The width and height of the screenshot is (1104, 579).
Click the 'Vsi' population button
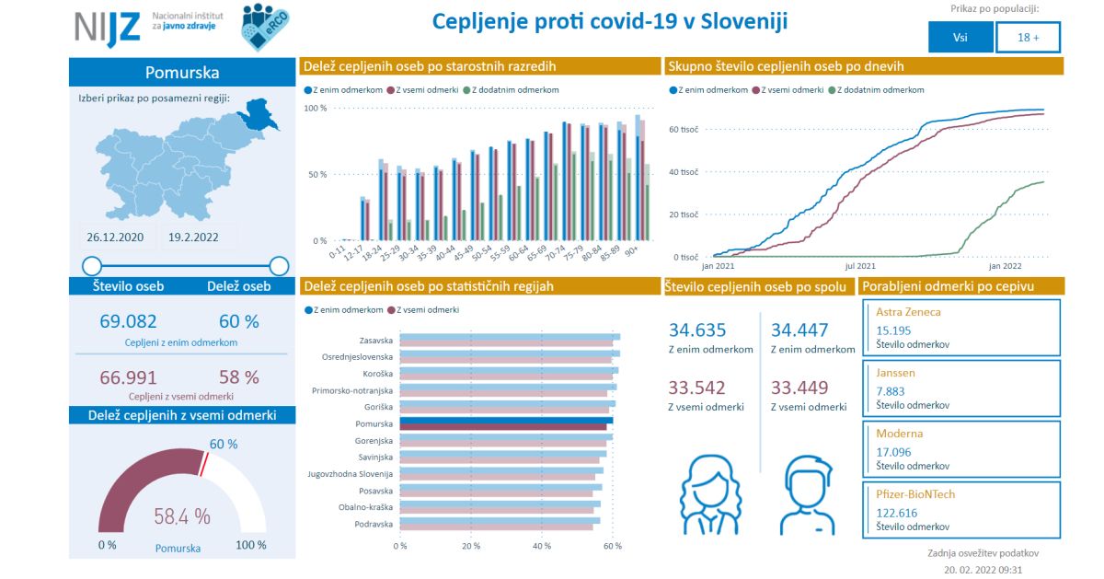pos(960,38)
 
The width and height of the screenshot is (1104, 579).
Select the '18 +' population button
pos(1029,38)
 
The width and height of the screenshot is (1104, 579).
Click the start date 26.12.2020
pos(115,237)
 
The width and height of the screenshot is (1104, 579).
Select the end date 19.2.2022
pos(193,237)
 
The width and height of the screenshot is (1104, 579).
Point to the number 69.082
pos(128,321)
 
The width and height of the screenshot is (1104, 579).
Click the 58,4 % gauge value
pos(182,515)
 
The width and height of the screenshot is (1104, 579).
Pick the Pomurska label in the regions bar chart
pos(374,424)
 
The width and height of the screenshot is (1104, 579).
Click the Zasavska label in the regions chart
pos(376,340)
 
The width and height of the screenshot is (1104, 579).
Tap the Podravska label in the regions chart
pos(374,525)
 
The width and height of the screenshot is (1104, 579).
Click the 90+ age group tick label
pos(631,250)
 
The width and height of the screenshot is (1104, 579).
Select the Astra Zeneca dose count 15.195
pos(893,330)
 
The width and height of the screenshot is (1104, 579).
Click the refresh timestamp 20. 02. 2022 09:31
pos(983,571)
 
